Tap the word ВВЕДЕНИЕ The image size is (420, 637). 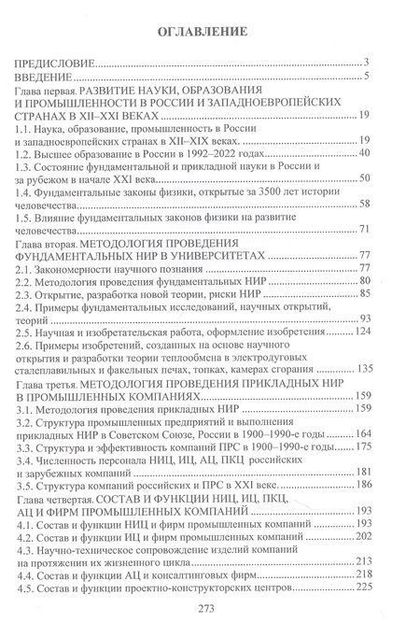coord(44,77)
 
